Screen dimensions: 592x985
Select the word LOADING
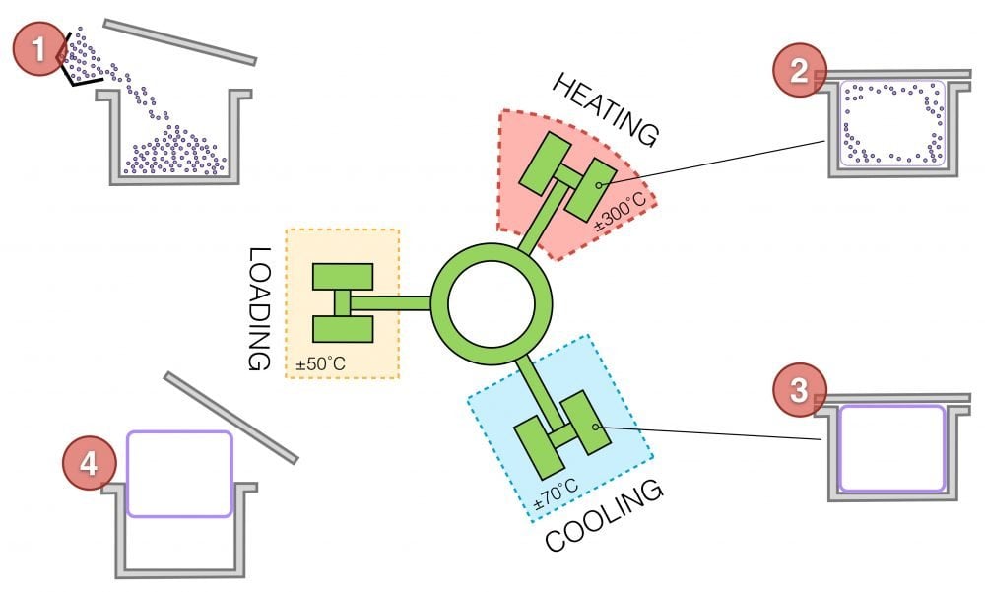pos(258,308)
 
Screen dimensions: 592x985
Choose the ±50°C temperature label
pos(321,365)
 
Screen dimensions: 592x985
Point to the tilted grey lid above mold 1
pos(180,41)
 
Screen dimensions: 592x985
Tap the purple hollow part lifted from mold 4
pos(179,473)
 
